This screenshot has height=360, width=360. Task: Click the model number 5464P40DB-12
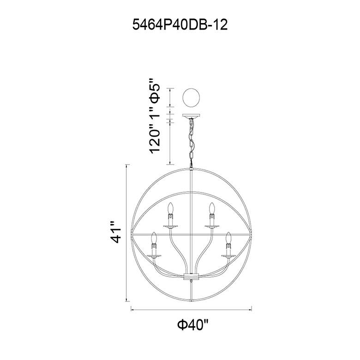pyautogui.click(x=180, y=24)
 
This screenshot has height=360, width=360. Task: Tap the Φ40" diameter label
pyautogui.click(x=193, y=324)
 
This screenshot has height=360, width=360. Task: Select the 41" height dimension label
pyautogui.click(x=115, y=232)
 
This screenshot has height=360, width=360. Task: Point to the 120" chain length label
pyautogui.click(x=154, y=141)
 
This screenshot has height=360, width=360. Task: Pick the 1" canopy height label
pyautogui.click(x=154, y=115)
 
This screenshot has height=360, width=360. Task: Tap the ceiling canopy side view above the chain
pyautogui.click(x=191, y=116)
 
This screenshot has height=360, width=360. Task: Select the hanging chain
pyautogui.click(x=191, y=143)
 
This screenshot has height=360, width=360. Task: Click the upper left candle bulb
pyautogui.click(x=170, y=208)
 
